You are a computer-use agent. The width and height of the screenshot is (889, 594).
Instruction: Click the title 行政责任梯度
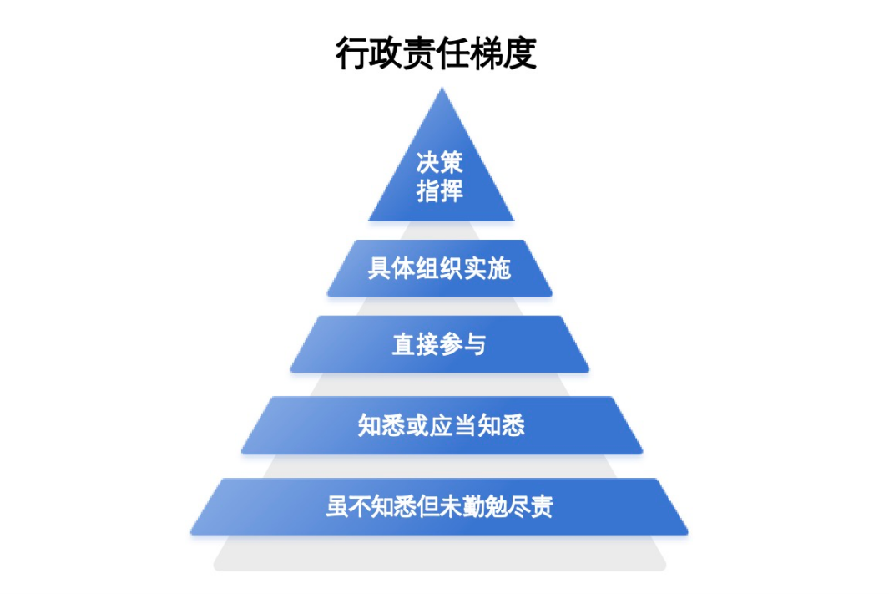click(x=436, y=53)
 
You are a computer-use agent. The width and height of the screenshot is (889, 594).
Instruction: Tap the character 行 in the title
click(x=351, y=53)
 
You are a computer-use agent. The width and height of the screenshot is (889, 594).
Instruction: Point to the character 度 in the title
click(x=520, y=53)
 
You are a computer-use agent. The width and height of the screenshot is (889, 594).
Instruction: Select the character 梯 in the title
click(x=487, y=53)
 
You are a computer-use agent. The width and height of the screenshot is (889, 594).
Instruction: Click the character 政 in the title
click(x=385, y=53)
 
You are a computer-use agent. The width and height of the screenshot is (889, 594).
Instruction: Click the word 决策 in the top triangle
click(x=440, y=162)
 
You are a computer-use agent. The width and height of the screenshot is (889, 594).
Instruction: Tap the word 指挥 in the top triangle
click(x=440, y=190)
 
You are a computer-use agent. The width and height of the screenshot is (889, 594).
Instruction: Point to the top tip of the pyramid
click(x=442, y=88)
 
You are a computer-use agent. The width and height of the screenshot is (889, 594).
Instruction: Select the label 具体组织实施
click(x=439, y=268)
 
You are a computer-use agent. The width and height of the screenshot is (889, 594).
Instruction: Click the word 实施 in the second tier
click(x=487, y=268)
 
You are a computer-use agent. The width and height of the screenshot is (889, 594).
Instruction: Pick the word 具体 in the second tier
click(x=391, y=268)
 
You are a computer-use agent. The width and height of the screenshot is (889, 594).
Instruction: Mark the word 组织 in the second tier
click(x=439, y=268)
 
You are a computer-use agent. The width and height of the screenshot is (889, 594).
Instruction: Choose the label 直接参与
click(x=439, y=344)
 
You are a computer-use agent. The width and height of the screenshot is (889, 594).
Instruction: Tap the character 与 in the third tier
click(x=475, y=344)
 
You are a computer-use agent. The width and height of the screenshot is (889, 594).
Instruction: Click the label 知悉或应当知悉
click(x=441, y=425)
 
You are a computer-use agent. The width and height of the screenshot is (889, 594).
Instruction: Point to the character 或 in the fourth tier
click(x=417, y=425)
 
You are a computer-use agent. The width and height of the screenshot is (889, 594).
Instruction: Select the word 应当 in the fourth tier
click(x=453, y=425)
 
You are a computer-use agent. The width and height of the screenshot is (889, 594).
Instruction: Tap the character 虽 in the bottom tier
click(x=337, y=506)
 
